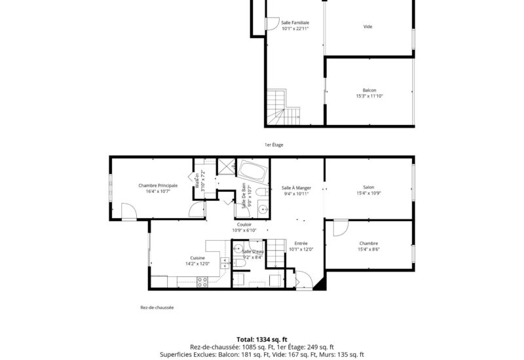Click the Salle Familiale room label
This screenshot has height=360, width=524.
(295, 23)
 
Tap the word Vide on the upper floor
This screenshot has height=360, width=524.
(367, 27)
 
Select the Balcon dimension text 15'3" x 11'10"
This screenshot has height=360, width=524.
(369, 96)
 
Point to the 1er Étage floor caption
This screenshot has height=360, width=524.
(274, 145)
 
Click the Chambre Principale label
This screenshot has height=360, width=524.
(158, 186)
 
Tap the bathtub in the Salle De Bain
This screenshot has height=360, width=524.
(253, 171)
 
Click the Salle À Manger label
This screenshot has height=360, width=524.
(297, 188)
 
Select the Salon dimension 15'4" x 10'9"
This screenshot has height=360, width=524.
(369, 193)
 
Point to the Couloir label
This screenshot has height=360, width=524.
(244, 225)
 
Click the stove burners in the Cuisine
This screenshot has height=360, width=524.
(202, 282)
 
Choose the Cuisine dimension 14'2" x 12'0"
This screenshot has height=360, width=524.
(198, 264)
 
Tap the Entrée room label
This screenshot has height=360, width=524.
(301, 243)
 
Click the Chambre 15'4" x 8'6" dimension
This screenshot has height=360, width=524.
(369, 249)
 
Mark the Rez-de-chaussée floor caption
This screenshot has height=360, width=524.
(157, 308)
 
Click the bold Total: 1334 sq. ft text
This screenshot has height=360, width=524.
(262, 340)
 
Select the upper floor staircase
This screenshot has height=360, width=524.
(283, 107)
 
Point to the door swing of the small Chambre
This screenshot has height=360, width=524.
(341, 228)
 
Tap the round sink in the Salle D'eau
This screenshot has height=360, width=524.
(238, 249)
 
